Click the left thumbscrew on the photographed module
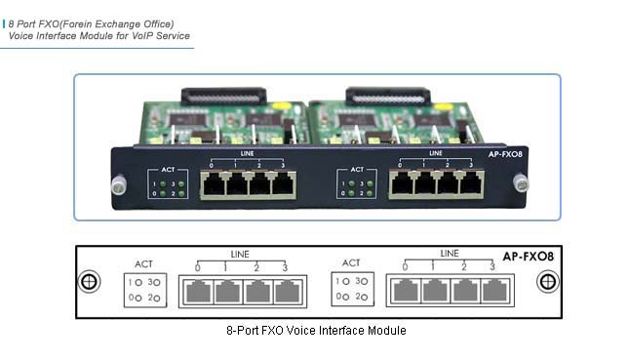tap(119, 181)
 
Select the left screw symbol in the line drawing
tap(89, 281)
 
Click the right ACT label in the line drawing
tap(352, 263)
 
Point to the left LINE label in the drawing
tap(241, 254)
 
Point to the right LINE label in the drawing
tap(449, 254)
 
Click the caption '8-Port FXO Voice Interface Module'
tap(315, 331)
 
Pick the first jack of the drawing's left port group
tap(198, 292)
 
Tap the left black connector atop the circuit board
tap(223, 97)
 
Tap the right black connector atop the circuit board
tap(387, 97)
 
